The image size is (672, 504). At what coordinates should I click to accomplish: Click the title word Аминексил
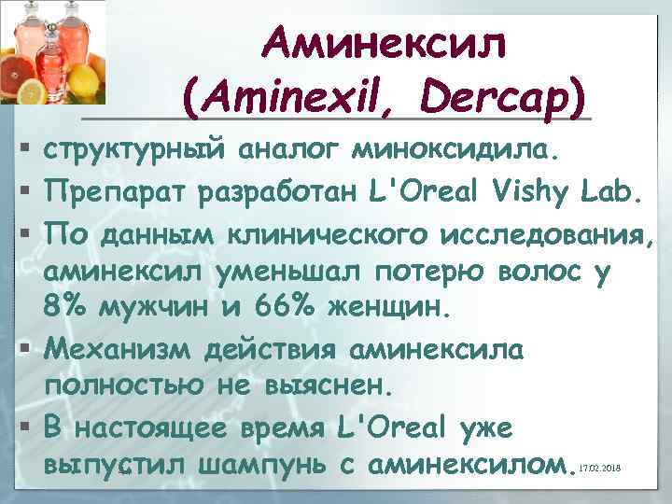[x=386, y=44]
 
